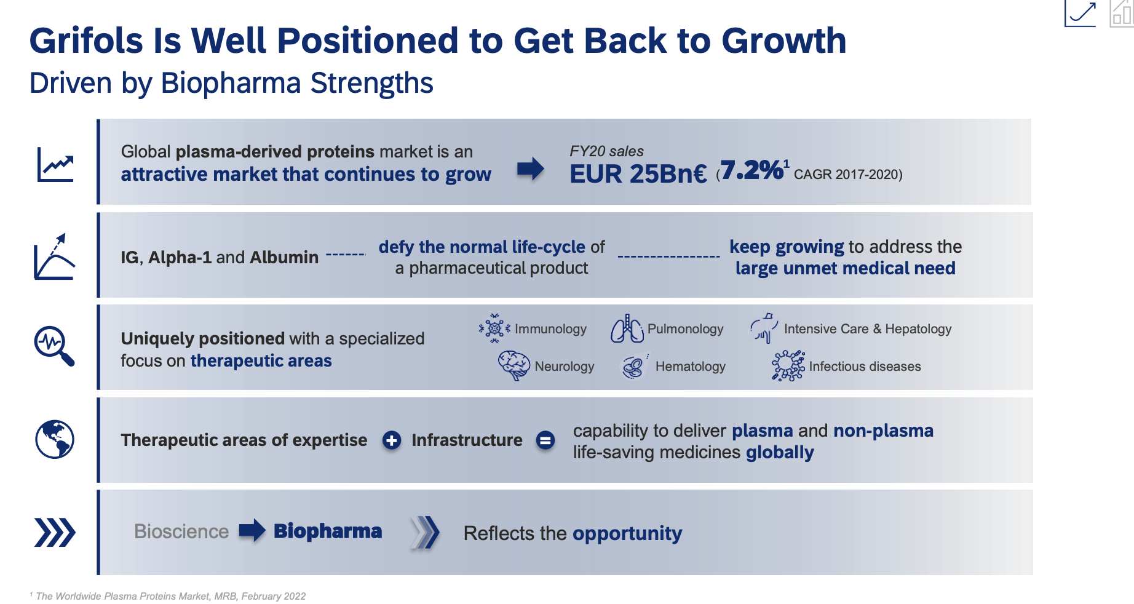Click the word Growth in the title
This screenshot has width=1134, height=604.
coord(783,41)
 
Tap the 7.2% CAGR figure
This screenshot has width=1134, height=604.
coord(751,170)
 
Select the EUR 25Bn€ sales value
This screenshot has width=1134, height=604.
coord(638,174)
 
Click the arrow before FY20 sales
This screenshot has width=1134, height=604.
coord(530,169)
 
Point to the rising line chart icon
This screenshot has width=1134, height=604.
coord(55,164)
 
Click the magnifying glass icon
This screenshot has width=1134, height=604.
coord(54,346)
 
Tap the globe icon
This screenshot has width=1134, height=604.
coord(55,439)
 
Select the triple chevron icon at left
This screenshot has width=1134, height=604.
coord(55,533)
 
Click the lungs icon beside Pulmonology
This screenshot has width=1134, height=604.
coord(626,328)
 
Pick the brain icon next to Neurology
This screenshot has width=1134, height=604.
coord(513,365)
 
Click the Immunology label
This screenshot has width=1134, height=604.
coord(550,329)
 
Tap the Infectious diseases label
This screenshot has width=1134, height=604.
coord(865,367)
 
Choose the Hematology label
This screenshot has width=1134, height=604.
coord(690,367)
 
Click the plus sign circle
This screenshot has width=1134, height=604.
coord(392,440)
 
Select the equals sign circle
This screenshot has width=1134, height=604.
coord(545,440)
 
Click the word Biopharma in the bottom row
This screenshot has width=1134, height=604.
coord(328,531)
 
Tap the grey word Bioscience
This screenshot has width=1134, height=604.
coord(181,531)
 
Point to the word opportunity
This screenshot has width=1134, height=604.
coord(627,533)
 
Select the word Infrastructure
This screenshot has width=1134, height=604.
coord(467,440)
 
